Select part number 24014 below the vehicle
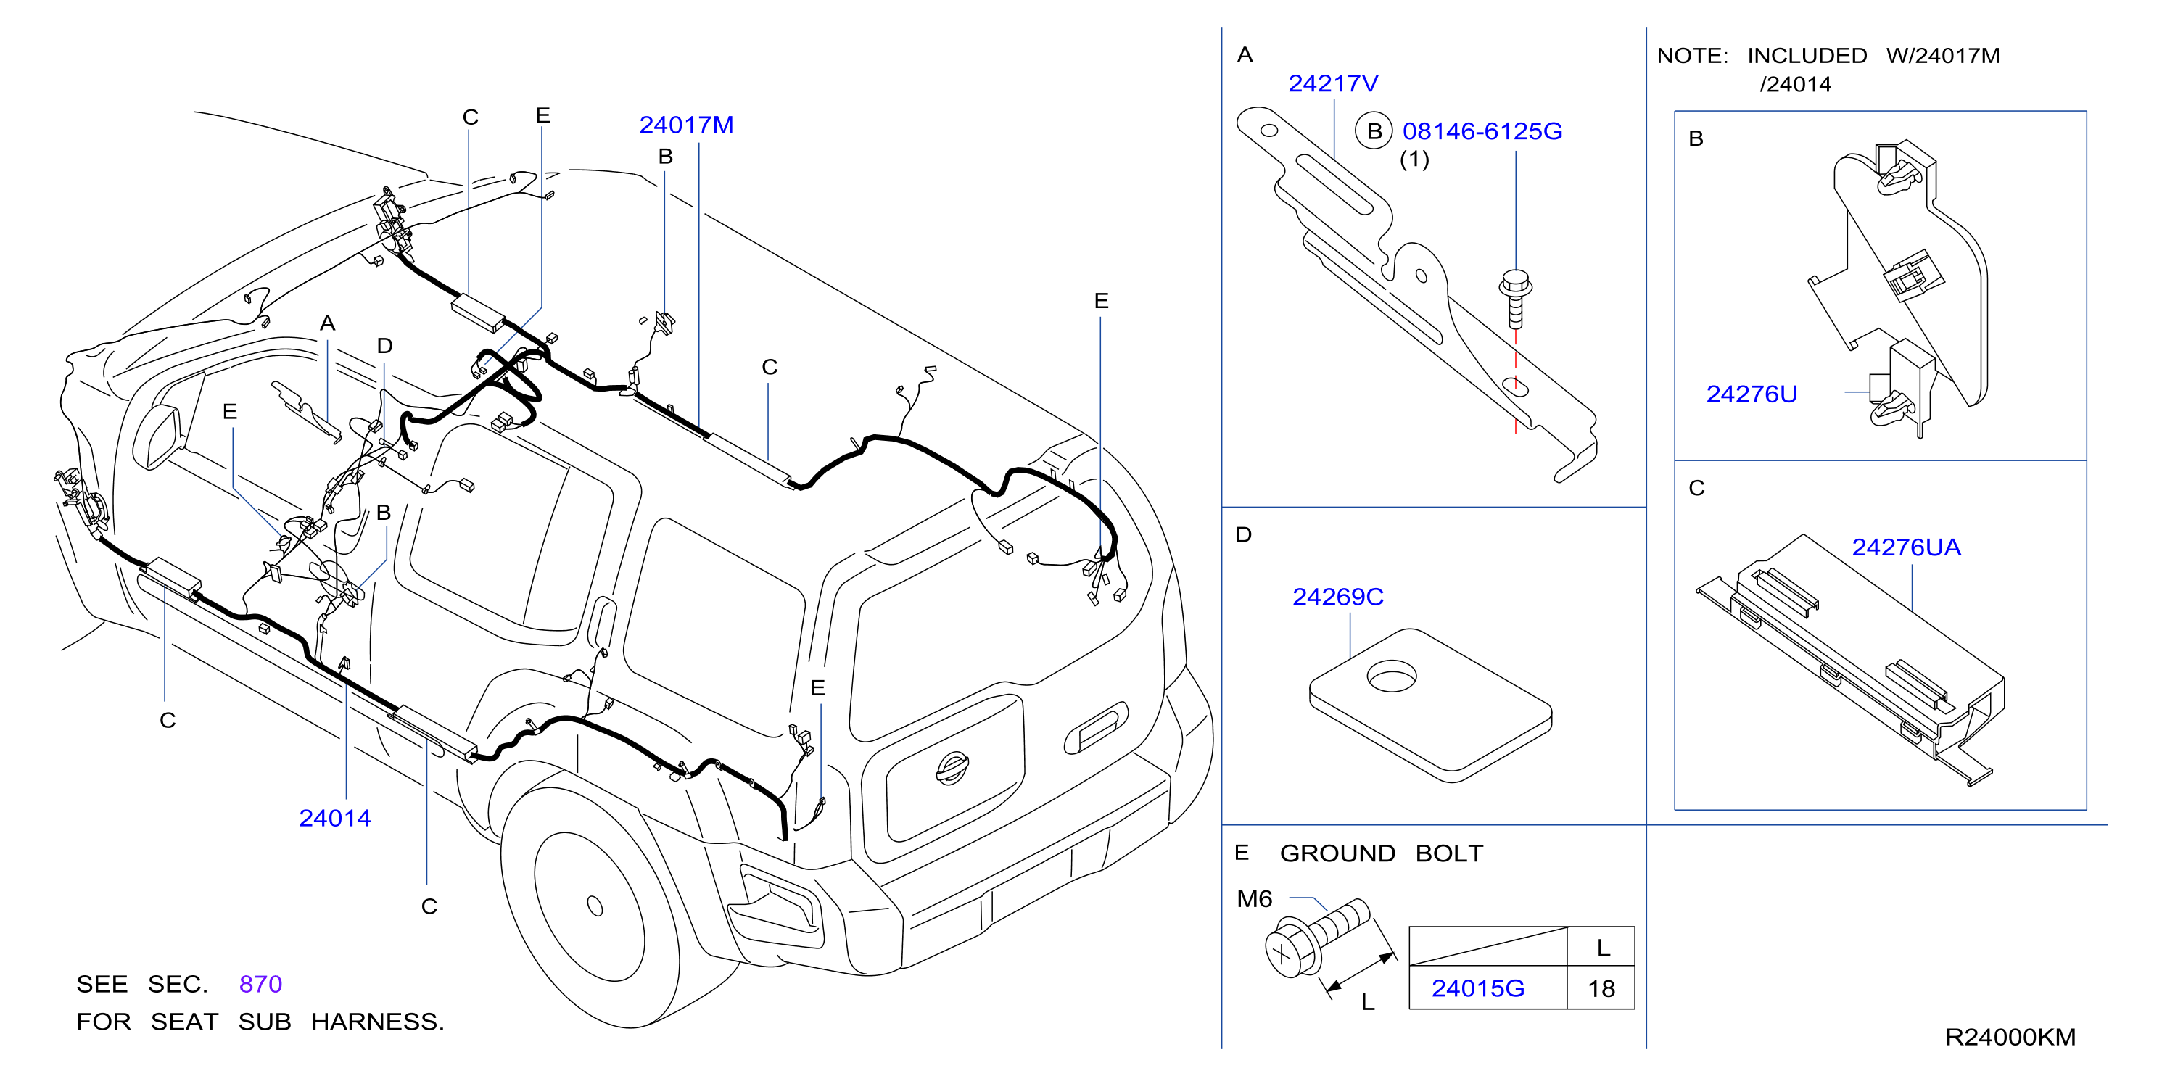(334, 819)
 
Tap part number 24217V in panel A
(1333, 84)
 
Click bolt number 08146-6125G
(1482, 132)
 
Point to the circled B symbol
(1374, 131)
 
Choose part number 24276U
(1752, 394)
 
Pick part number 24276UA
(1906, 547)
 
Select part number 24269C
(1338, 597)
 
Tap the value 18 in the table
(1601, 989)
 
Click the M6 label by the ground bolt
(1254, 900)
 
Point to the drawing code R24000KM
(2010, 1038)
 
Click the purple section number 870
(260, 984)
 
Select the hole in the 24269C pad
(1392, 676)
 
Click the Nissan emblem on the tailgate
(952, 768)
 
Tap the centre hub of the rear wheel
(595, 906)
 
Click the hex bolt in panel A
(1515, 298)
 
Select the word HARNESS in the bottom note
(377, 1022)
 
